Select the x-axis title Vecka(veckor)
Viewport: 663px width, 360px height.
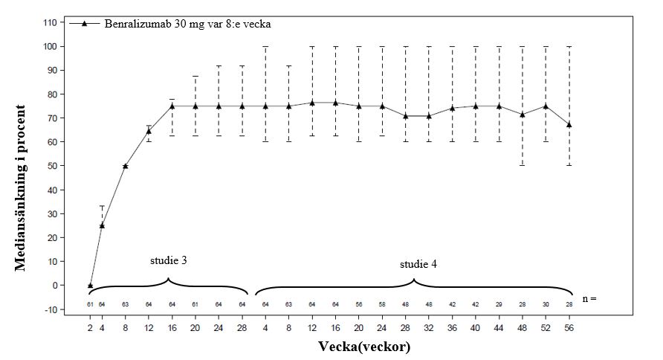pyautogui.click(x=364, y=347)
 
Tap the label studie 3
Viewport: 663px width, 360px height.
pyautogui.click(x=168, y=261)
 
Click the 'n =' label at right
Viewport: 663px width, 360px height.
pyautogui.click(x=590, y=299)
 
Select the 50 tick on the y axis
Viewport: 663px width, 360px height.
pyautogui.click(x=52, y=166)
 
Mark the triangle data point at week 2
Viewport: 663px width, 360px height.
pyautogui.click(x=90, y=286)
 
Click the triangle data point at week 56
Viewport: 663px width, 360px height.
pyautogui.click(x=569, y=124)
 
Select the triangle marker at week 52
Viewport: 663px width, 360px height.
pyautogui.click(x=546, y=106)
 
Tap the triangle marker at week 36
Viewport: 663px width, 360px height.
pyautogui.click(x=452, y=109)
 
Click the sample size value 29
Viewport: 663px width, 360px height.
pyautogui.click(x=499, y=303)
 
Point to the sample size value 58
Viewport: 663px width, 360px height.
pyautogui.click(x=382, y=303)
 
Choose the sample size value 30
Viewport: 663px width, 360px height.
pyautogui.click(x=546, y=303)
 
